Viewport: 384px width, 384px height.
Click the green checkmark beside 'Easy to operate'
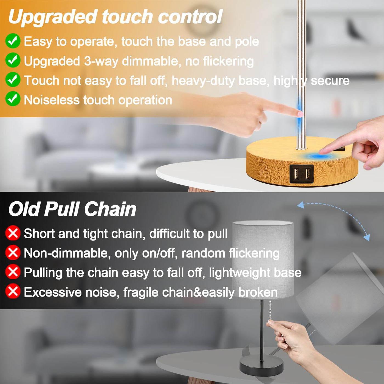[13, 41]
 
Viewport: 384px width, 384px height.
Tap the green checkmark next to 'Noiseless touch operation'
[13, 99]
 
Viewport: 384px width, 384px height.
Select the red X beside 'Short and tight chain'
[13, 233]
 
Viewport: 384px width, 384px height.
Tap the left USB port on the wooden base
[296, 174]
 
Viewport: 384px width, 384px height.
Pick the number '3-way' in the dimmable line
[101, 61]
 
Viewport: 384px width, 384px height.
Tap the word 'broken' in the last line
[258, 292]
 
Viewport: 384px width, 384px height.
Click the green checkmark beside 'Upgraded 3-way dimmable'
[13, 60]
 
